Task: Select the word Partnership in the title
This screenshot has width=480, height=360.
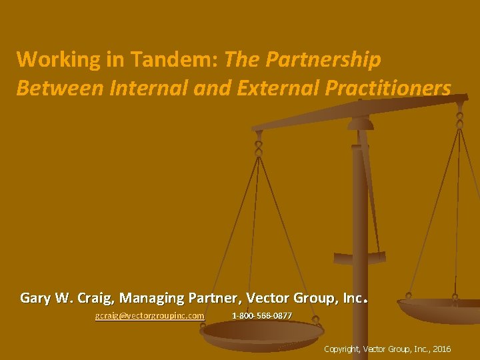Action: pos(324,59)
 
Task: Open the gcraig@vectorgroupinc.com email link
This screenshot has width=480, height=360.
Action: pos(149,315)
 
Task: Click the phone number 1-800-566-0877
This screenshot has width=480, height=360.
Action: pos(261,315)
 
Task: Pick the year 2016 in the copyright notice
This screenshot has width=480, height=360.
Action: pos(441,349)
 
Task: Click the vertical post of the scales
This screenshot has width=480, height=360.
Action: pos(360,220)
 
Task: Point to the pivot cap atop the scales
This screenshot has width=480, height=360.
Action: pos(360,121)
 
